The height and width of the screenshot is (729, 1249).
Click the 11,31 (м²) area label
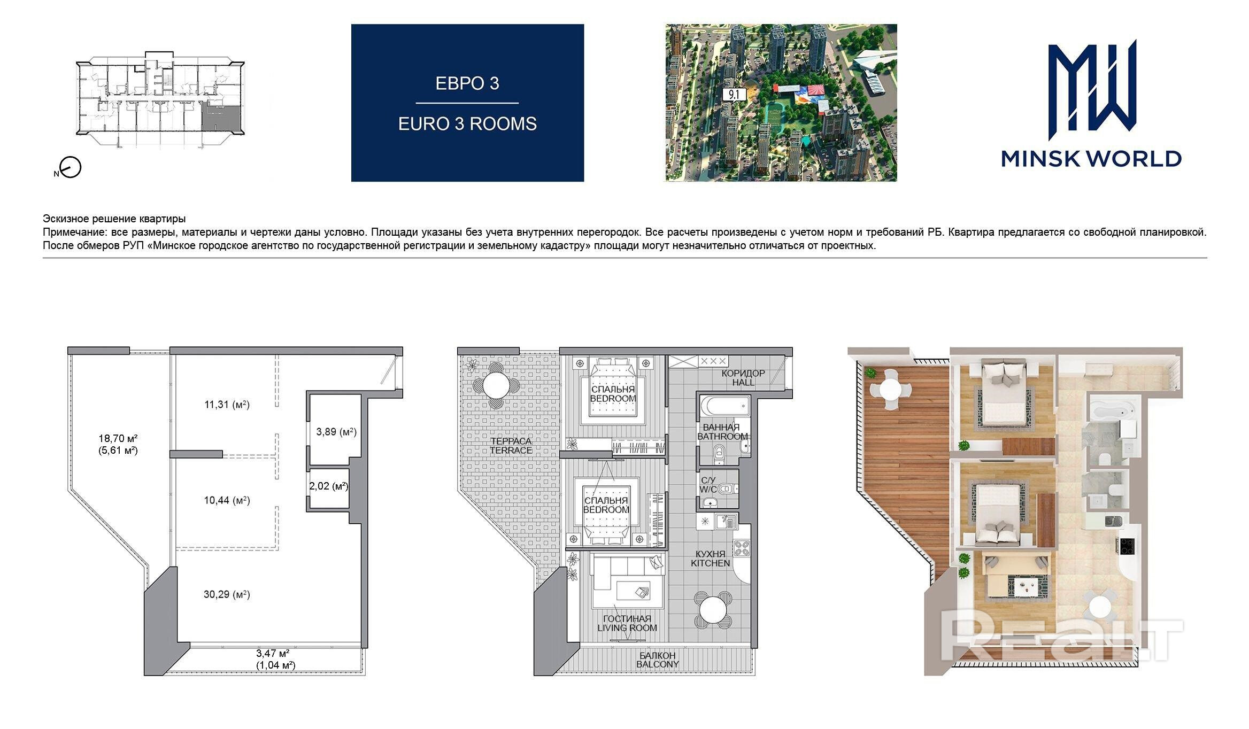coord(227,405)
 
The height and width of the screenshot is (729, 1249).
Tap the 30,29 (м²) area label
coord(227,594)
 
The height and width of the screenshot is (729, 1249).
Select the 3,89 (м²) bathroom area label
coord(336,431)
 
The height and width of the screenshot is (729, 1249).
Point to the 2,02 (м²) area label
coord(328,486)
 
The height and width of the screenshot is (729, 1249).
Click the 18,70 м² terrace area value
coord(118,438)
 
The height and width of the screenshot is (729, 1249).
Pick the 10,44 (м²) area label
coord(227,500)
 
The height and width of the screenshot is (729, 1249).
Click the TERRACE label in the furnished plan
coord(511,451)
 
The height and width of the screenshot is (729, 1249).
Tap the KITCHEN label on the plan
coord(710,563)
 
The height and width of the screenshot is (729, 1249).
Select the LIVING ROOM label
coord(627,628)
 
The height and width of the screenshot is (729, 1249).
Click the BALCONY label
coord(658,664)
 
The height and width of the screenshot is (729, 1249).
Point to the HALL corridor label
coord(743,382)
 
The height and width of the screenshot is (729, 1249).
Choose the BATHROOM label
coord(722,437)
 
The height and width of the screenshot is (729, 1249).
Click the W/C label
coord(708,490)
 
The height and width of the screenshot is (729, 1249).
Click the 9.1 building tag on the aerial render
coord(734,95)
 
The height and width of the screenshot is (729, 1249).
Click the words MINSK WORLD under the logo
coord(1091,159)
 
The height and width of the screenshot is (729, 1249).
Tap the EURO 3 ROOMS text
coord(467,123)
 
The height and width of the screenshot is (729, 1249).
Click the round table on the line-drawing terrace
coord(497,385)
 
